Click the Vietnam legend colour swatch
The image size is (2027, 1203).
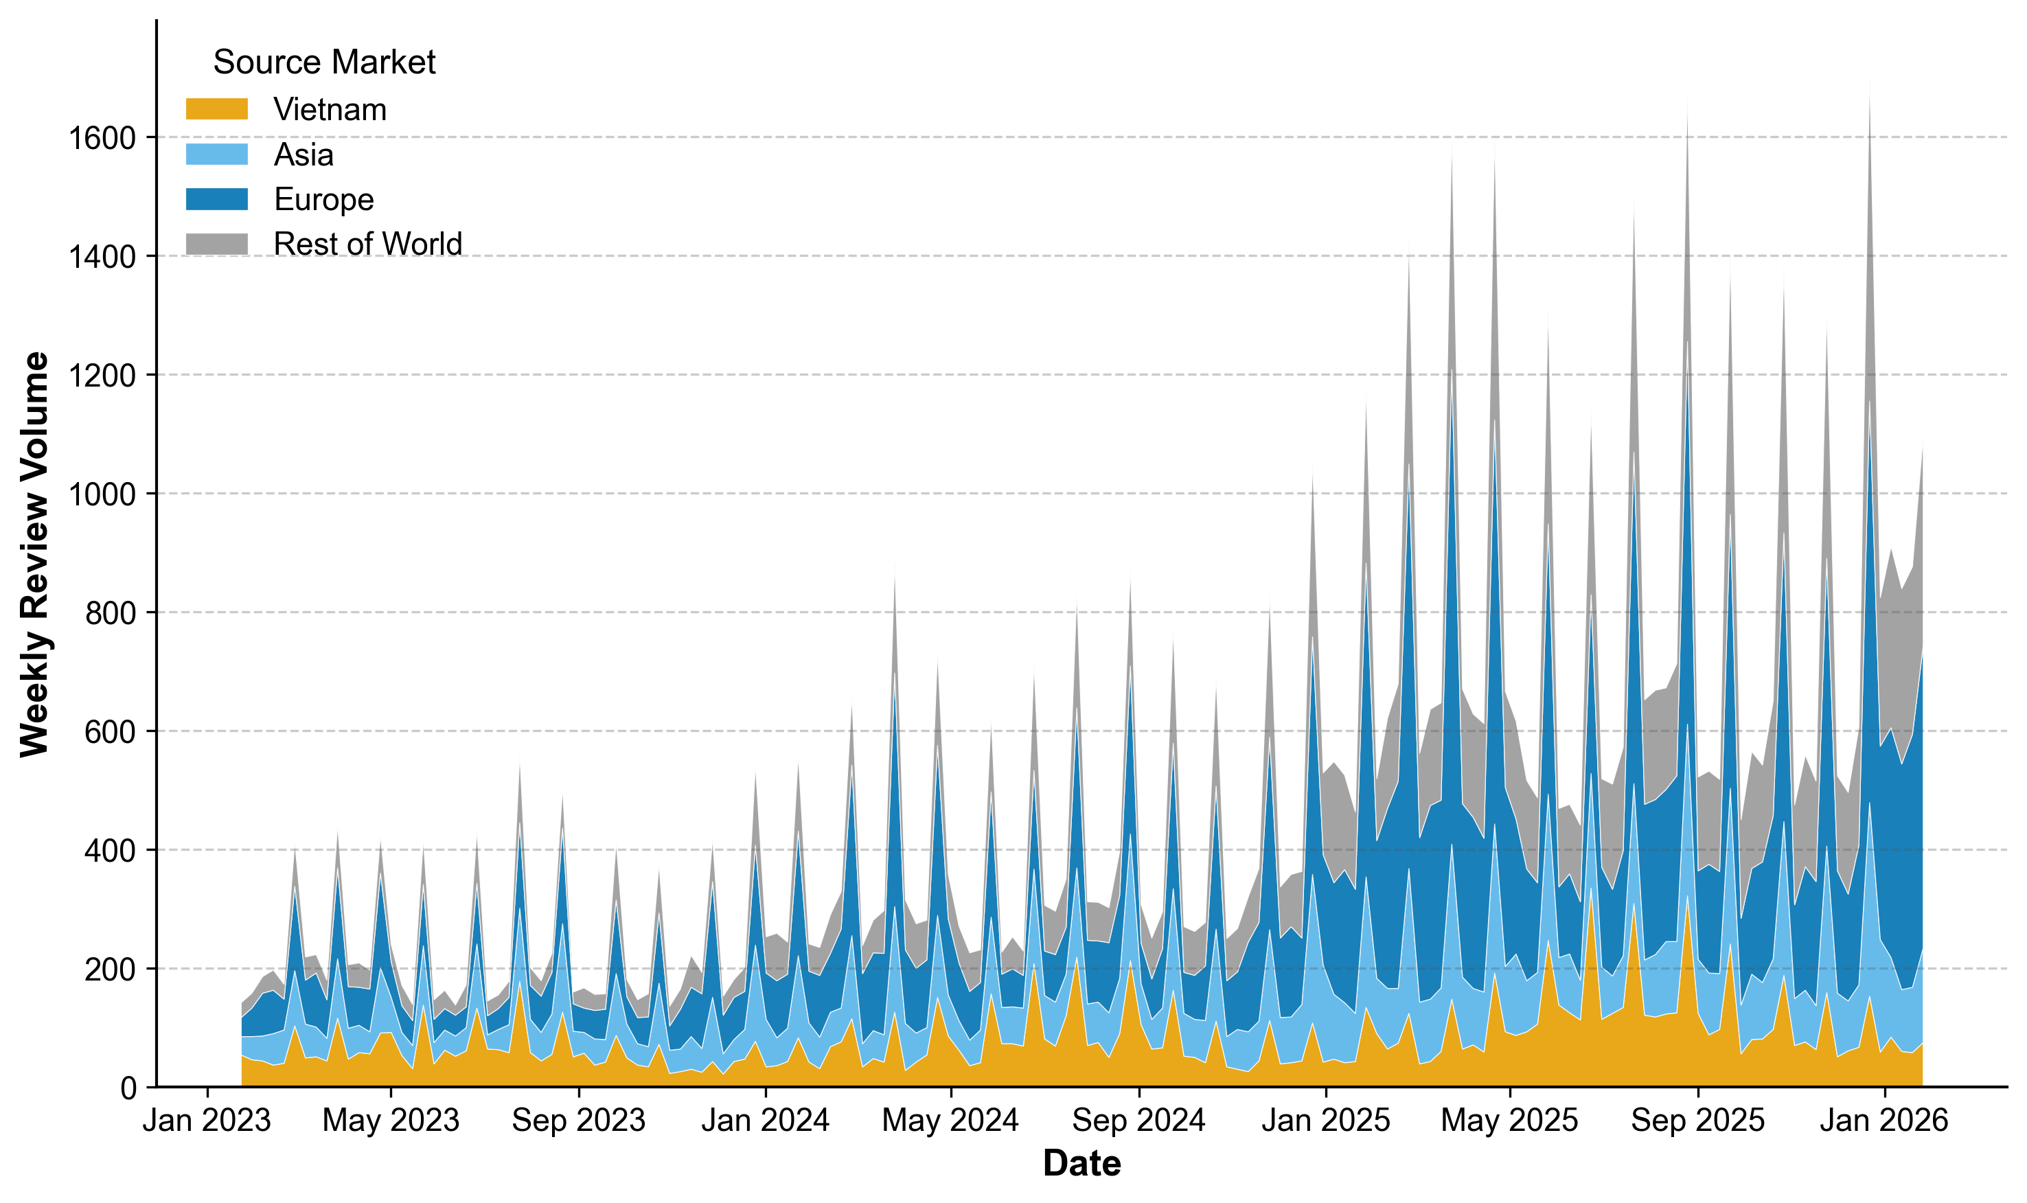pyautogui.click(x=216, y=109)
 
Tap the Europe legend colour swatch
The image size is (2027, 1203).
pyautogui.click(x=216, y=199)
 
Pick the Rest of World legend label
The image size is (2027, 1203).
pyautogui.click(x=367, y=244)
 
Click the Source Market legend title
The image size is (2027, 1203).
pyautogui.click(x=323, y=62)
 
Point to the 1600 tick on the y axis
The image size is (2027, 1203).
pyautogui.click(x=102, y=139)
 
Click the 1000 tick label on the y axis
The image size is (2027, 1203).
pyautogui.click(x=102, y=494)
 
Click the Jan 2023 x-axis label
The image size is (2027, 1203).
pyautogui.click(x=207, y=1121)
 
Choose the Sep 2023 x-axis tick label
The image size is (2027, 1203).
pyautogui.click(x=579, y=1121)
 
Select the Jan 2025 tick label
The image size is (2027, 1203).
pyautogui.click(x=1326, y=1121)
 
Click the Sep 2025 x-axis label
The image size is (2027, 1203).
pyautogui.click(x=1698, y=1121)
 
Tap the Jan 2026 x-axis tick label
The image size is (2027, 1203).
pyautogui.click(x=1884, y=1121)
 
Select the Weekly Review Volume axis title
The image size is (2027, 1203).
pyautogui.click(x=36, y=555)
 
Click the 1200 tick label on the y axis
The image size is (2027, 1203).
pyautogui.click(x=102, y=376)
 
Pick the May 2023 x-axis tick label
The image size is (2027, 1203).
pyautogui.click(x=391, y=1121)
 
